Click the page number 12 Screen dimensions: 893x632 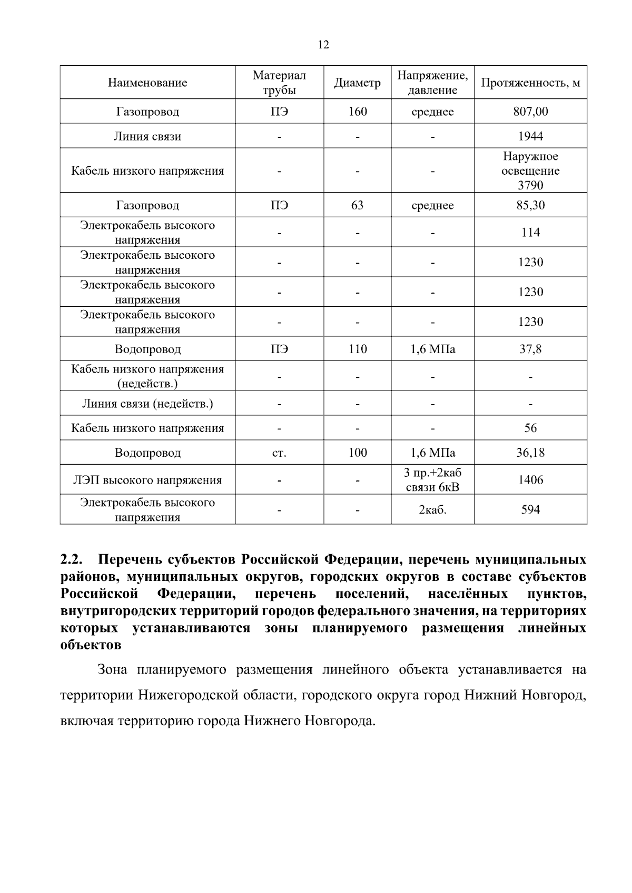tap(324, 45)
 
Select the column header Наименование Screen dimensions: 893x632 tap(147, 83)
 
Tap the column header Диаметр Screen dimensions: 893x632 tap(357, 83)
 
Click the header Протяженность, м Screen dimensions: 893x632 tap(530, 83)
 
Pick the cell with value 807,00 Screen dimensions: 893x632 tap(530, 112)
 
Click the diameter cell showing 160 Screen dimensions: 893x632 tap(357, 112)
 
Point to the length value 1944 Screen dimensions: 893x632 tap(530, 136)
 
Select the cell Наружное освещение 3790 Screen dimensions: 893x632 tap(530, 170)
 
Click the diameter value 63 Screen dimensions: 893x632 tap(357, 205)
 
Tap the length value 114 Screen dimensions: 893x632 tap(530, 233)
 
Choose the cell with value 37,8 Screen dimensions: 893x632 tap(530, 349)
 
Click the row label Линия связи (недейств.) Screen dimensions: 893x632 tap(147, 404)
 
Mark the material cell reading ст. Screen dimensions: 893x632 tap(279, 453)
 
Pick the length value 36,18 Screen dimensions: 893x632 tap(530, 453)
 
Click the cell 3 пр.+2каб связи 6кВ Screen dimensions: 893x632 tap(432, 479)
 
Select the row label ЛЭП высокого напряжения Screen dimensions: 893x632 tap(147, 480)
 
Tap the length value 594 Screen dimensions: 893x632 tap(530, 509)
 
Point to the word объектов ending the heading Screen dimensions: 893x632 tap(91, 645)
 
